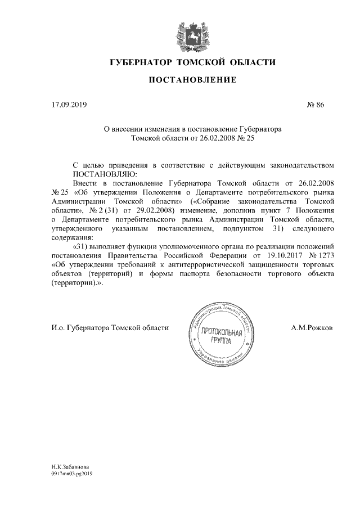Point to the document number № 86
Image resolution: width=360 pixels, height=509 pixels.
[x=315, y=104]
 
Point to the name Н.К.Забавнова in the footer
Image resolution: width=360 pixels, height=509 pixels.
[x=70, y=467]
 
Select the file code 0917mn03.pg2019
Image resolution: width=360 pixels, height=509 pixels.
[x=71, y=474]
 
